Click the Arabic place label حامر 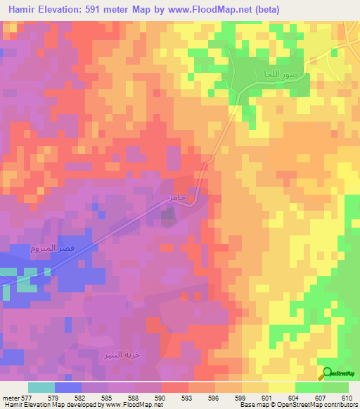point(176,199)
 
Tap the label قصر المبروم point(34,249)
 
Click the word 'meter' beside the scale point(11,397)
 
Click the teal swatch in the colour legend point(41,387)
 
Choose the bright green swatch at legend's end point(335,387)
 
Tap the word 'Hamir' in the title point(25,9)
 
